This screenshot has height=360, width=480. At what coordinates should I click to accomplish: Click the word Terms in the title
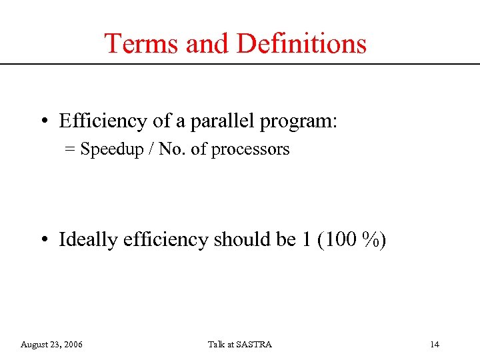coord(142,44)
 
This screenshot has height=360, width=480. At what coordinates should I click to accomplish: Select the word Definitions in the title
coord(301,44)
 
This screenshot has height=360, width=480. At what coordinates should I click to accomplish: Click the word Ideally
coord(89,240)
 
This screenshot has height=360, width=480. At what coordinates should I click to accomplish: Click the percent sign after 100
coord(371,239)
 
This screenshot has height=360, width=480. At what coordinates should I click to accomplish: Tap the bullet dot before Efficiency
coord(43,121)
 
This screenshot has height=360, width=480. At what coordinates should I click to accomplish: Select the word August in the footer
coord(35,345)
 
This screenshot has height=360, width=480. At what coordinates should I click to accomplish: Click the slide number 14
coord(435,345)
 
